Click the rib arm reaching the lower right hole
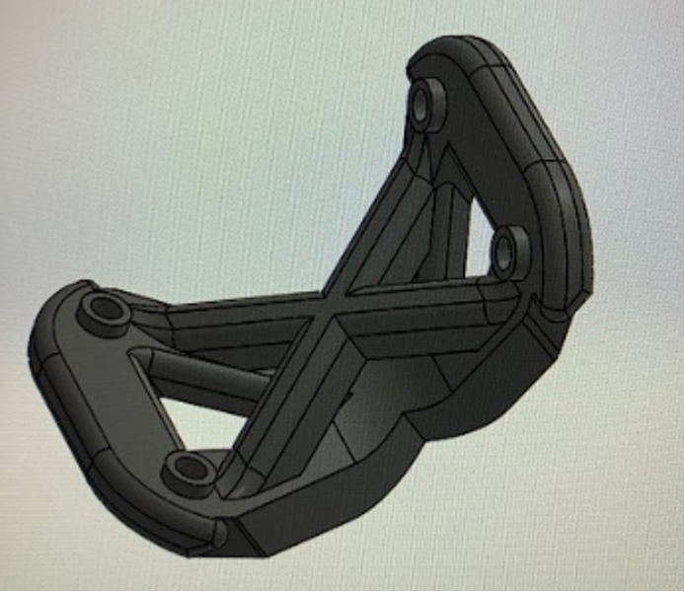pos(434,296)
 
